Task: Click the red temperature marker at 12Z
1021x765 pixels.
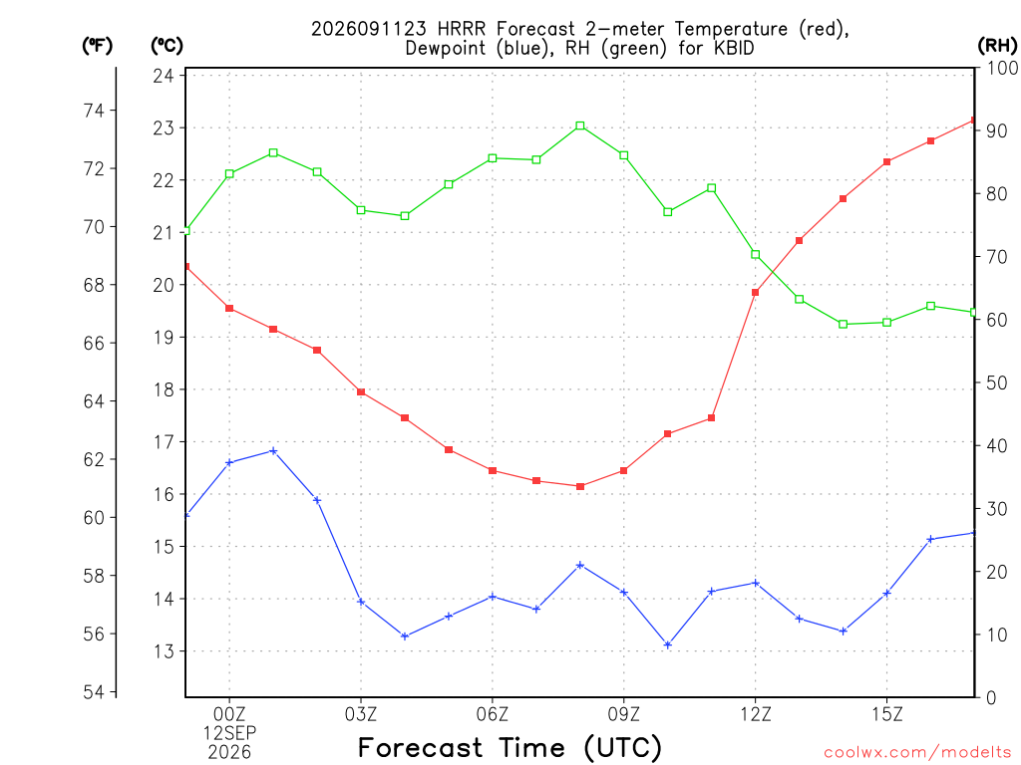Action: (x=756, y=293)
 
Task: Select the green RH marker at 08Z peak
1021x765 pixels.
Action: (x=580, y=127)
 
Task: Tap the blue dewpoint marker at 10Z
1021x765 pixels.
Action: (x=667, y=644)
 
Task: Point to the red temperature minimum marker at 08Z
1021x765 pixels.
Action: (x=580, y=486)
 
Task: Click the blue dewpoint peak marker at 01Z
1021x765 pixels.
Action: (x=273, y=451)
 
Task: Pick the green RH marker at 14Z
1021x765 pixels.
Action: (x=844, y=324)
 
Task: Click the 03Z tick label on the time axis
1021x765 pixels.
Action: (x=361, y=714)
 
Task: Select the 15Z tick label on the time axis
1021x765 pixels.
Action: (x=886, y=714)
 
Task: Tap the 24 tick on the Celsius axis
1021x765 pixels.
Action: (x=164, y=76)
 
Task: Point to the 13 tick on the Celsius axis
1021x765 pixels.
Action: (x=164, y=651)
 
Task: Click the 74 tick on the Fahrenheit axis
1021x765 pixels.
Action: (x=95, y=111)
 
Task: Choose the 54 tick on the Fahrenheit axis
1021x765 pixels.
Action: (x=95, y=692)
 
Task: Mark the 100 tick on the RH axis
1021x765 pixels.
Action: (x=1002, y=68)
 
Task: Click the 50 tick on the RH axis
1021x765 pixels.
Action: (x=997, y=382)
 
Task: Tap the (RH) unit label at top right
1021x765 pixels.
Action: (x=997, y=45)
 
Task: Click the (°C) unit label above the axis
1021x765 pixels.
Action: (x=167, y=45)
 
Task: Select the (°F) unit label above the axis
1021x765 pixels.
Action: (x=97, y=45)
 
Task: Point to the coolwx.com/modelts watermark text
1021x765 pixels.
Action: (x=917, y=752)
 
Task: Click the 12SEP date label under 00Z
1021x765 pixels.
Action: (x=229, y=733)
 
